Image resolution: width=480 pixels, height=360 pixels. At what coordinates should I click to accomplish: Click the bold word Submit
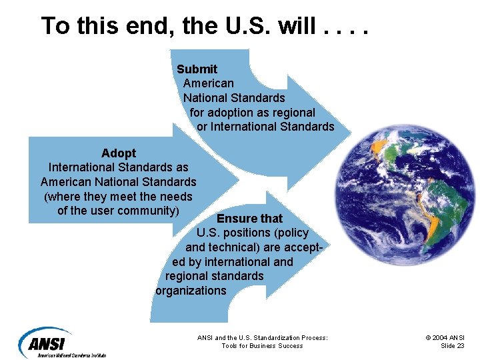(197, 69)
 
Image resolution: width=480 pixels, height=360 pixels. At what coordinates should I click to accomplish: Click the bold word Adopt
(118, 153)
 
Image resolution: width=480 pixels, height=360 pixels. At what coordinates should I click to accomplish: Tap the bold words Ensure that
(249, 219)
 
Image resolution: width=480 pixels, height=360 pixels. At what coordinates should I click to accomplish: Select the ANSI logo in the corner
(47, 343)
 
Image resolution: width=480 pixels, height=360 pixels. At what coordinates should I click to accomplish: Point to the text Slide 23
(453, 346)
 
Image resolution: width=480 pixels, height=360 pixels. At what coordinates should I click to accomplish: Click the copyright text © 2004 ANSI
(445, 338)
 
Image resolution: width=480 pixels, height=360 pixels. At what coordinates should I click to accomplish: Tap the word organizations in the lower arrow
(191, 291)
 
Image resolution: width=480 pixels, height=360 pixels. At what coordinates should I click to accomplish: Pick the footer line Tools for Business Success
(262, 346)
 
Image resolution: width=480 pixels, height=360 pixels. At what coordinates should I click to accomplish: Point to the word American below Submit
(208, 83)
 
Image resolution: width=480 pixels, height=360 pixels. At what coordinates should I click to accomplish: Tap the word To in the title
(55, 26)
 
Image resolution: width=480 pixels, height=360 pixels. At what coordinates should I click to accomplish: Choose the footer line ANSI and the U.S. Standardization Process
(262, 338)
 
